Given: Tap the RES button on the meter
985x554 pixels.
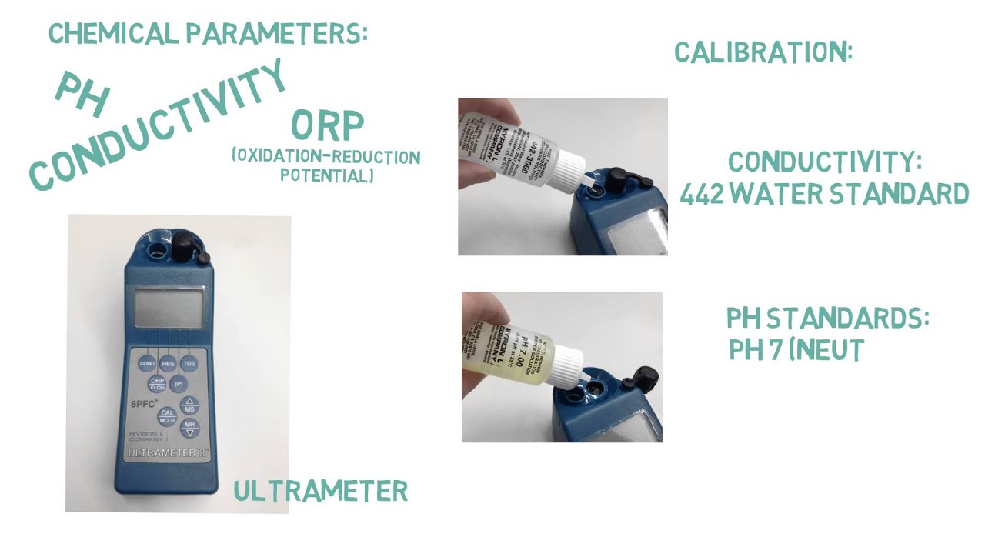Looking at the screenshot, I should tap(168, 363).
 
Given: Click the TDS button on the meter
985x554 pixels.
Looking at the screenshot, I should tap(189, 363).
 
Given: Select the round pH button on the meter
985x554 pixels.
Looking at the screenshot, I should tap(179, 383).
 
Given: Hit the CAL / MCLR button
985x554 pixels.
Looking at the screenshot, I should tap(167, 416).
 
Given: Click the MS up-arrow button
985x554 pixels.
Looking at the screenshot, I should tap(189, 405).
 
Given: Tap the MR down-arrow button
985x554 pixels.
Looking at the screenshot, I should tap(189, 427).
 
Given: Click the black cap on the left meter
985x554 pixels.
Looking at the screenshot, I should tap(185, 247).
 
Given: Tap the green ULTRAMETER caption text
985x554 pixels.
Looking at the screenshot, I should tap(320, 491).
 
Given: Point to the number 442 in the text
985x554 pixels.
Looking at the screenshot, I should tap(701, 194).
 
